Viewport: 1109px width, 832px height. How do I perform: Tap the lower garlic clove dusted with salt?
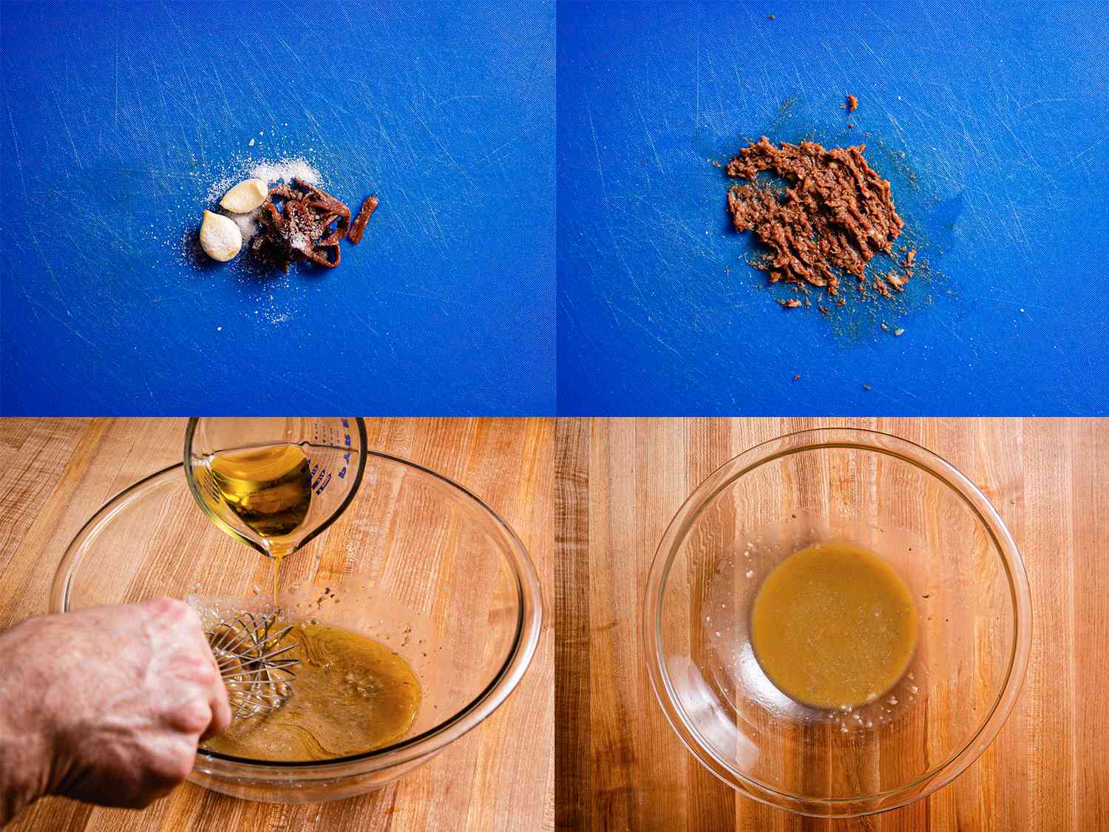[x=220, y=235]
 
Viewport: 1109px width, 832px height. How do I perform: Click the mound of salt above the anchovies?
[x=292, y=172]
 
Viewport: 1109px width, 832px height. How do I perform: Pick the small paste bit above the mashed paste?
[x=852, y=102]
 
